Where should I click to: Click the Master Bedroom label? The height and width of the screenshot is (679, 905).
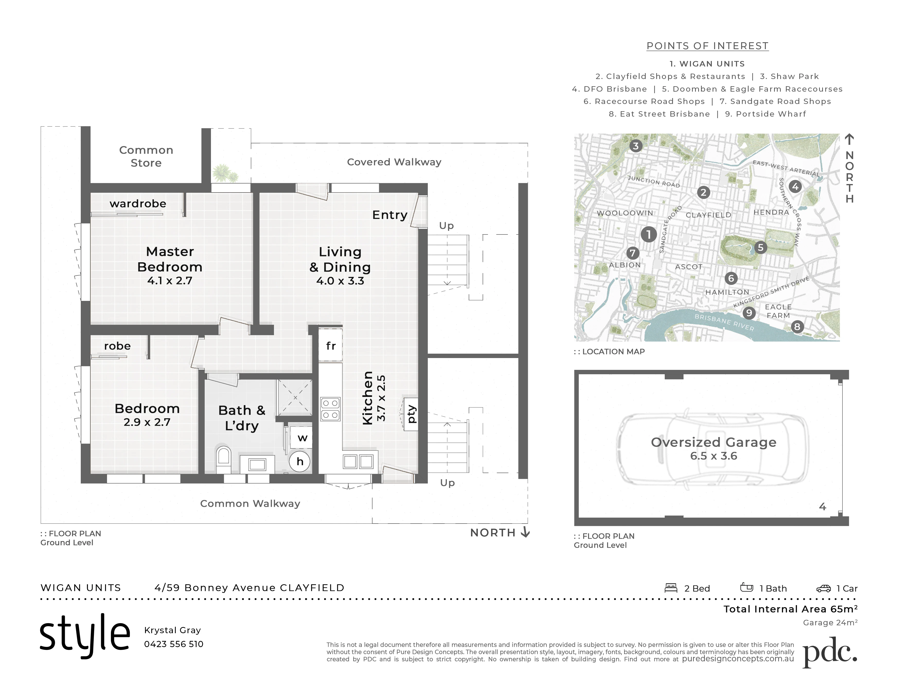[x=170, y=259]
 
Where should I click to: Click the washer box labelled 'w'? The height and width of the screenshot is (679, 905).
[x=302, y=438]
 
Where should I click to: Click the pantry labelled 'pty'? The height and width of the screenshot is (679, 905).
[x=411, y=414]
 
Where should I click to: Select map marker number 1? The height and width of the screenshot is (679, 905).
[x=649, y=234]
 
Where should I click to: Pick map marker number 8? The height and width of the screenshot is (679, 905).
[x=797, y=327]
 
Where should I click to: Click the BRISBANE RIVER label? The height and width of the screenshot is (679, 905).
[x=724, y=322]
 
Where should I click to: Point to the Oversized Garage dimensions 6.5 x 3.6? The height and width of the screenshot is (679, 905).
[x=714, y=456]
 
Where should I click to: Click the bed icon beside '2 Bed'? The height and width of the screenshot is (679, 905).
[x=671, y=588]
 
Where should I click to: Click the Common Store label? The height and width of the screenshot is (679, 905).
[x=146, y=156]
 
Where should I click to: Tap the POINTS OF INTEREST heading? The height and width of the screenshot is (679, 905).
[x=707, y=46]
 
